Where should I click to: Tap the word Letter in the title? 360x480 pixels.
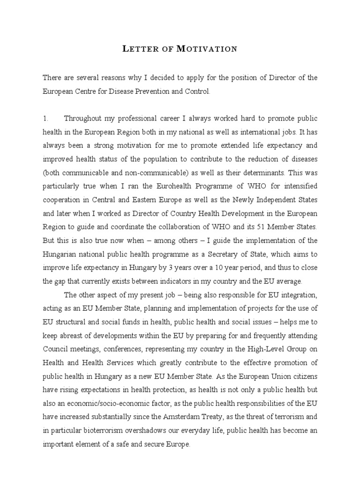(139, 49)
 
